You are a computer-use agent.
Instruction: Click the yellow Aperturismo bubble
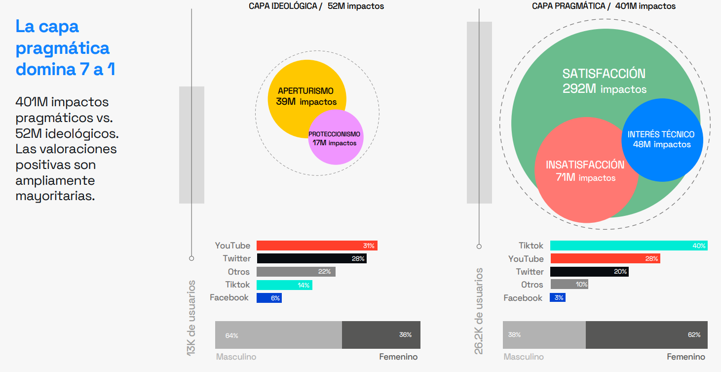(296, 84)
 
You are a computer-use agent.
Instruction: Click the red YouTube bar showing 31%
(316, 246)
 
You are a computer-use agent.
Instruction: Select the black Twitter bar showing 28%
(311, 258)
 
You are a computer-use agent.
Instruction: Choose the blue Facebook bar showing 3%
(557, 297)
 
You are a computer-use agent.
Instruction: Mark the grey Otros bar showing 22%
(295, 272)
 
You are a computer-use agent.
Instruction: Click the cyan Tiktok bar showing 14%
(284, 285)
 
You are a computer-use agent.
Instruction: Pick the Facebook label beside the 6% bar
(229, 297)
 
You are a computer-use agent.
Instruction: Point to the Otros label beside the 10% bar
(532, 285)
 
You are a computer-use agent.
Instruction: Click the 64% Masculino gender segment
(278, 335)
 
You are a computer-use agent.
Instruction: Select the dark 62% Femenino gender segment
(646, 335)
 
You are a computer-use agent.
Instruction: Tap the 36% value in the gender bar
(405, 335)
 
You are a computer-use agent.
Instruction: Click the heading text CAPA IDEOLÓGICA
(283, 6)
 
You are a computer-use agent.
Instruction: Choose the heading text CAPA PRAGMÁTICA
(568, 6)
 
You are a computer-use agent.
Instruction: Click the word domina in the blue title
(45, 70)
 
